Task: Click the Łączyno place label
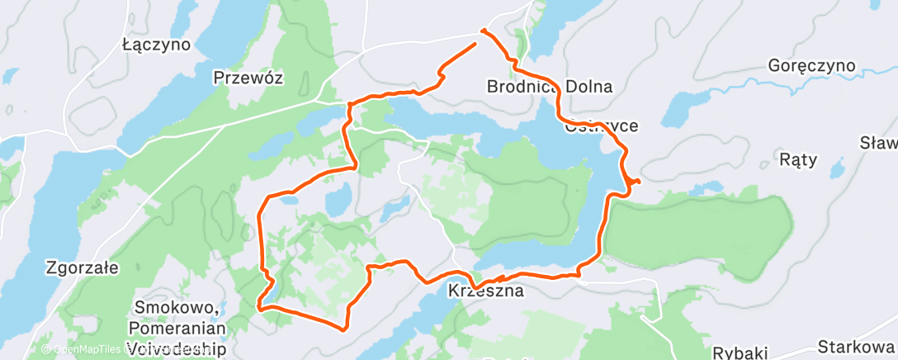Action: [156, 44]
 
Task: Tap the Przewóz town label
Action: [248, 78]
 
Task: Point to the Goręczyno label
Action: [811, 65]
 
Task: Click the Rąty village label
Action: [797, 160]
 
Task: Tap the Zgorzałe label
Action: [83, 268]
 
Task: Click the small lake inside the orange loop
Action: [338, 198]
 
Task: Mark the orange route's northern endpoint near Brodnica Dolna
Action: [481, 32]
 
